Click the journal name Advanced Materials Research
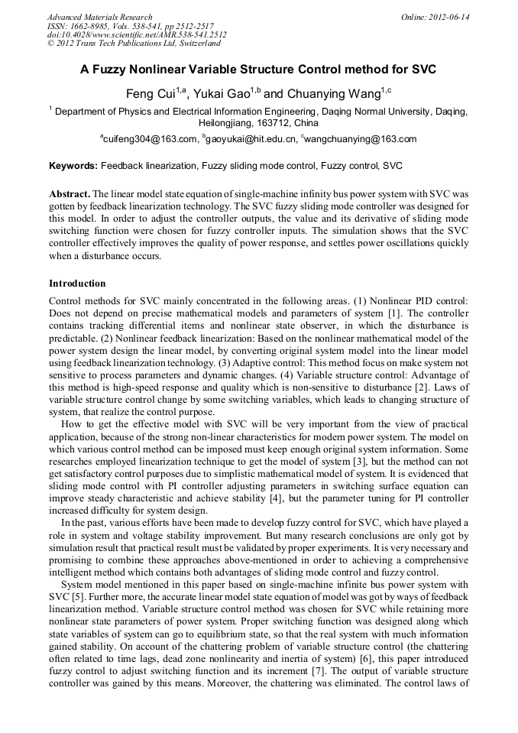point(99,17)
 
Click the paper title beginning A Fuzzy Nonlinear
point(258,70)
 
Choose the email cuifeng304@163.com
point(148,139)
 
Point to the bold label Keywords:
point(73,165)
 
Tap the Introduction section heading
point(77,284)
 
